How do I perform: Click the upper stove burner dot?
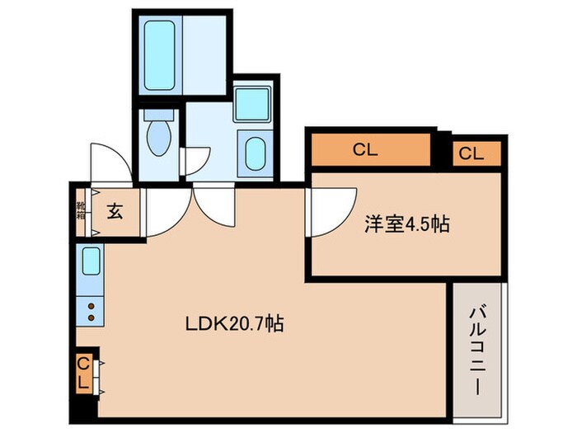(x=90, y=305)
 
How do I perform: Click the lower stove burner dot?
(x=90, y=317)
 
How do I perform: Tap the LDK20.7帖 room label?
(x=233, y=324)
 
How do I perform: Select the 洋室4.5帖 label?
(x=407, y=224)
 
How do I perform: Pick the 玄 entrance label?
(x=114, y=211)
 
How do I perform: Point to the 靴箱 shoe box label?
(x=81, y=210)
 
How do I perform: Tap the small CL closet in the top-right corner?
(x=470, y=153)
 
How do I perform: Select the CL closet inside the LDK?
(x=84, y=374)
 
